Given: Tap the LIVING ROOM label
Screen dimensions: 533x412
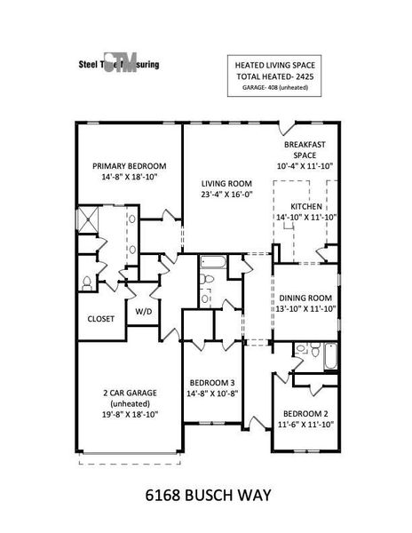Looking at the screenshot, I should click(x=228, y=184).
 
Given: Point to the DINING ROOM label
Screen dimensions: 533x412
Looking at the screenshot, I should click(x=305, y=298).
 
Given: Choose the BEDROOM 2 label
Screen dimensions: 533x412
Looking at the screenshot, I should click(x=306, y=414).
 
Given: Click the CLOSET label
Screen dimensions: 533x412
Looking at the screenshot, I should click(x=100, y=318).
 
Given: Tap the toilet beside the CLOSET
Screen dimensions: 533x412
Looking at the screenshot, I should click(x=87, y=282).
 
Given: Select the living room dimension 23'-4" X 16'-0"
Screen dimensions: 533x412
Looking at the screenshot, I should click(x=228, y=196).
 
